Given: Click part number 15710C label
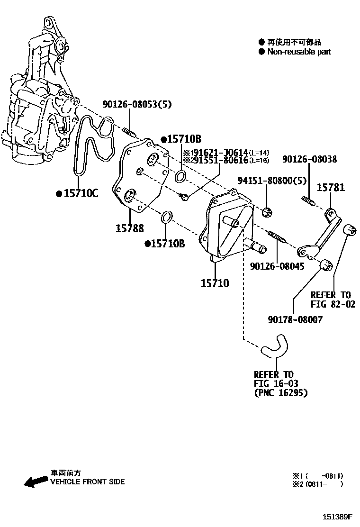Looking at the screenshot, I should tap(80, 193).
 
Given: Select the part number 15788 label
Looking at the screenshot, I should tap(129, 228).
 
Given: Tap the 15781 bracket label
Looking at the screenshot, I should tap(331, 188).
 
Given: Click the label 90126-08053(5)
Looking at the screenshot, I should tap(137, 104).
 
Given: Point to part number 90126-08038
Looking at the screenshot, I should tap(316, 159).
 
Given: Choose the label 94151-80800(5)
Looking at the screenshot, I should tap(271, 180).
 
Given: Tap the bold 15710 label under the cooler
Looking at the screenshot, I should tap(215, 283).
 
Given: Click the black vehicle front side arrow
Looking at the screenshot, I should tap(36, 482).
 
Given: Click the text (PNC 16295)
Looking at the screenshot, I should tap(280, 393).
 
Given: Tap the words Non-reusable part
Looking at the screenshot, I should tap(299, 52).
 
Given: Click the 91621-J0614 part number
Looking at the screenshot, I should tap(219, 152).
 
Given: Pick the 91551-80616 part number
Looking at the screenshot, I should tap(219, 160).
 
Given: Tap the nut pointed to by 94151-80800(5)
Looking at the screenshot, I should tap(267, 211).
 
